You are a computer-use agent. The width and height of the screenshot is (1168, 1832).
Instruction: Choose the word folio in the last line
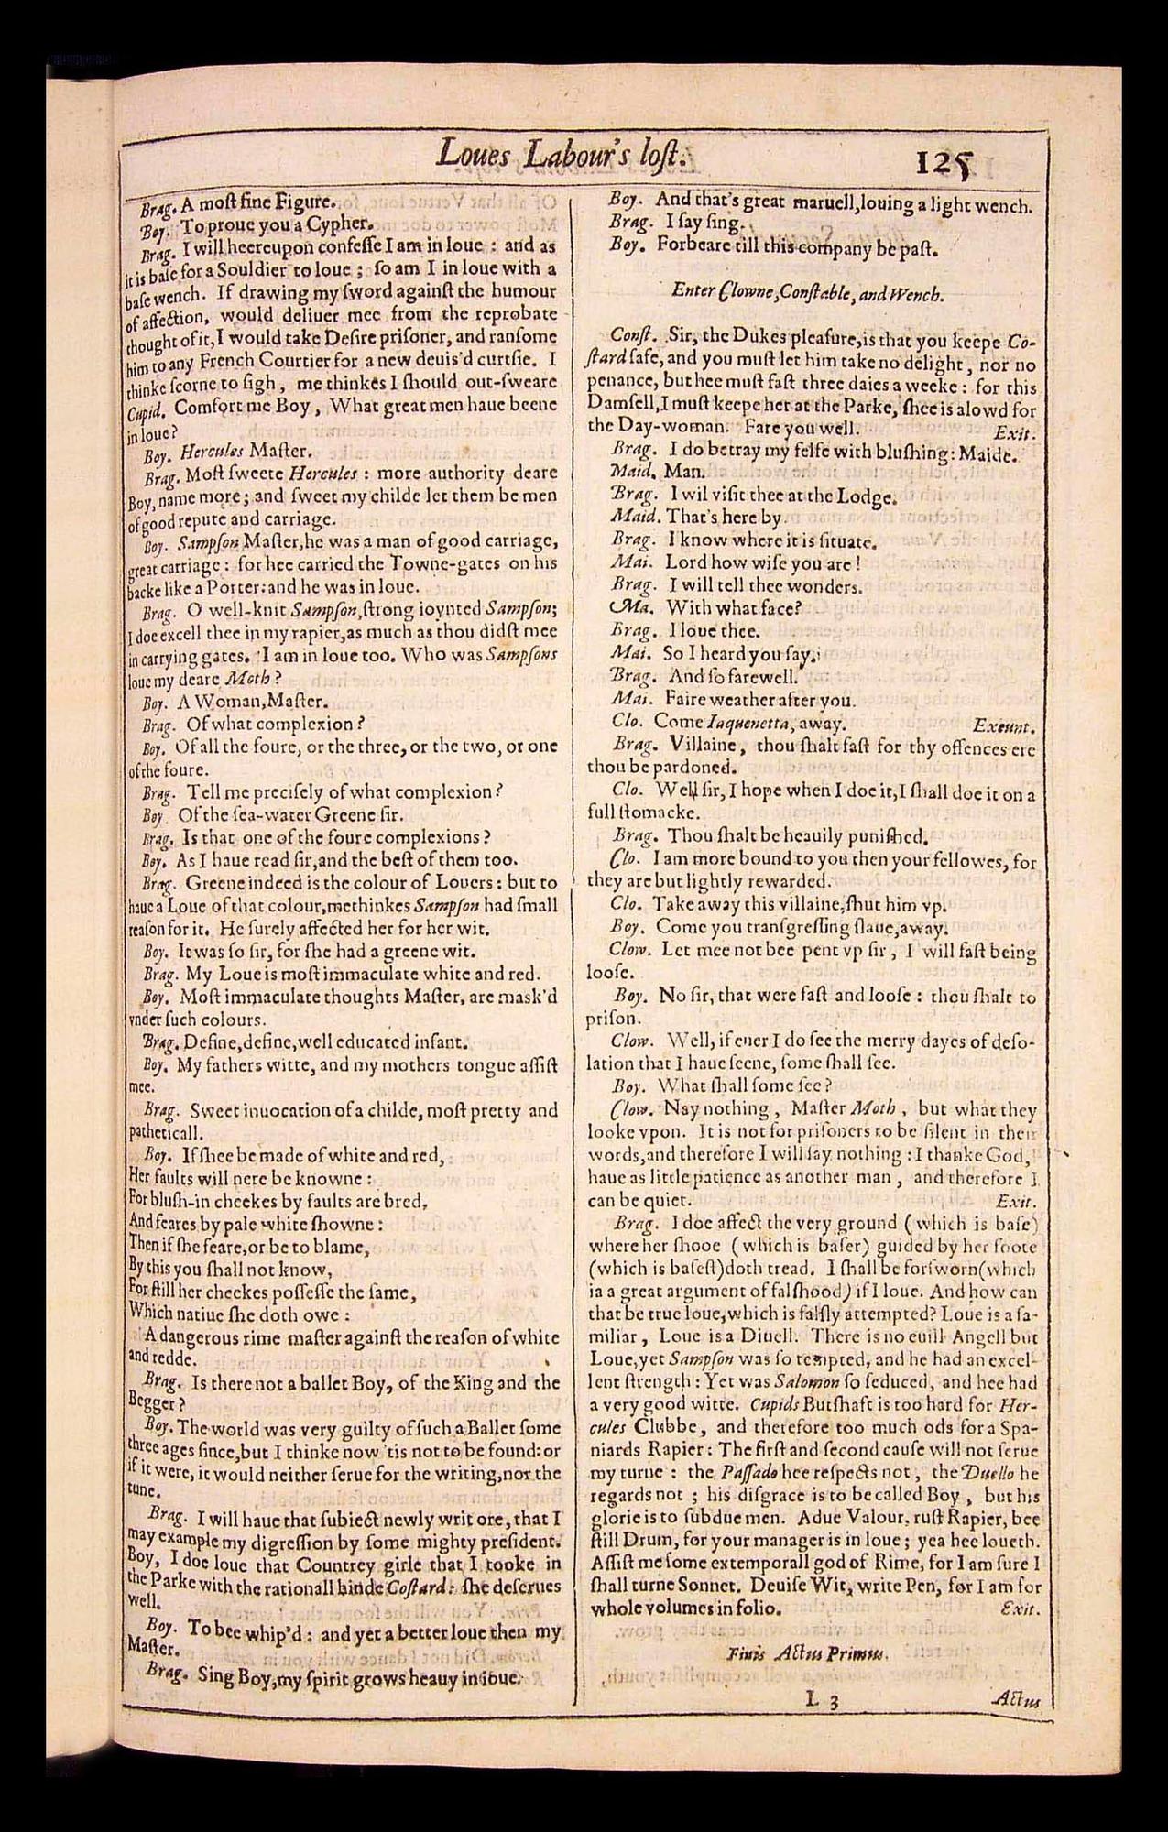[756, 1609]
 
